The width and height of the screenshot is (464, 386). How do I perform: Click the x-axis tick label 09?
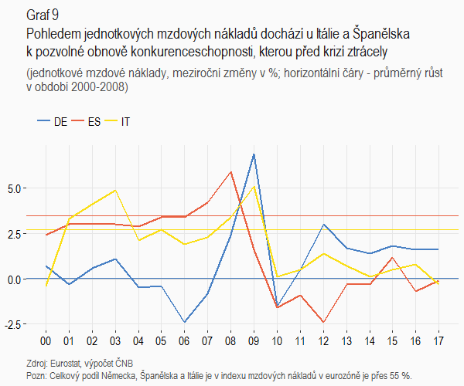click(254, 340)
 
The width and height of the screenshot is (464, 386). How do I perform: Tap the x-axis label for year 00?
click(46, 340)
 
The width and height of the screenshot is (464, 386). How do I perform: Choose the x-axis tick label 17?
click(438, 340)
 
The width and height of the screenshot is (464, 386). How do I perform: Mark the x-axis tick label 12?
click(322, 340)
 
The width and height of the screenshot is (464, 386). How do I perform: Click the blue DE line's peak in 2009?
click(254, 154)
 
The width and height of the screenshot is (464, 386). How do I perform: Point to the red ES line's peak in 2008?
click(230, 171)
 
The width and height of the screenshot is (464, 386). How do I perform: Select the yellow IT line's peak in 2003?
click(115, 190)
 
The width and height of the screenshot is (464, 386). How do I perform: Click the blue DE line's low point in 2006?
click(184, 322)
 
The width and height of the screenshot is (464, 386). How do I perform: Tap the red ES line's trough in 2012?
click(322, 322)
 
